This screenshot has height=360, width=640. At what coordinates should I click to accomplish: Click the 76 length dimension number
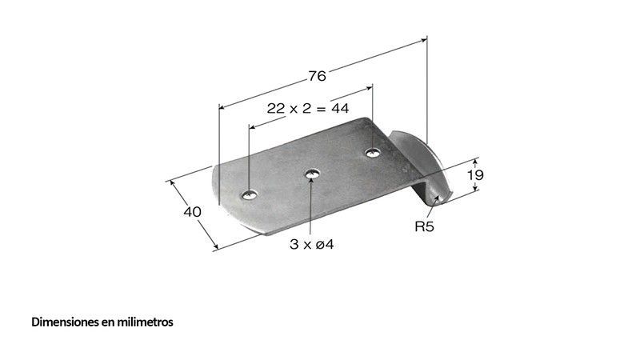click(317, 76)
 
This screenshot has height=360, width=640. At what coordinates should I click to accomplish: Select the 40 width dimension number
click(192, 212)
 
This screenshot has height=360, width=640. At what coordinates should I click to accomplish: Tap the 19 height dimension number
click(475, 175)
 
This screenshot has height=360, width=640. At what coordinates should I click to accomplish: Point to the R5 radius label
click(425, 226)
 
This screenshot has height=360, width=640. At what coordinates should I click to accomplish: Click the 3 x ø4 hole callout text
click(312, 245)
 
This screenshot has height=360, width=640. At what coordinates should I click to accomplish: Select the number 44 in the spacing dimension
click(340, 108)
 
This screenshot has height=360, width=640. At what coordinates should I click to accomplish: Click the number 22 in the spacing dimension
click(275, 108)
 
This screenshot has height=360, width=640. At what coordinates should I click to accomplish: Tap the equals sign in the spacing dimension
click(322, 109)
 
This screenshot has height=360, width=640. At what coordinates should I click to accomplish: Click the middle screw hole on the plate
click(312, 174)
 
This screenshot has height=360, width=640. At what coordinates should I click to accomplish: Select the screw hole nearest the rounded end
click(249, 195)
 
